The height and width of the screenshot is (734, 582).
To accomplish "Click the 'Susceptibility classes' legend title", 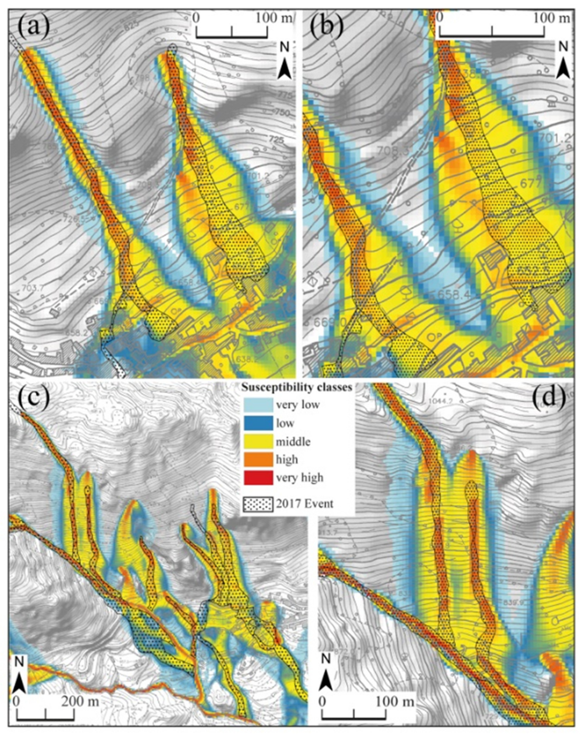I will (297, 387).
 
